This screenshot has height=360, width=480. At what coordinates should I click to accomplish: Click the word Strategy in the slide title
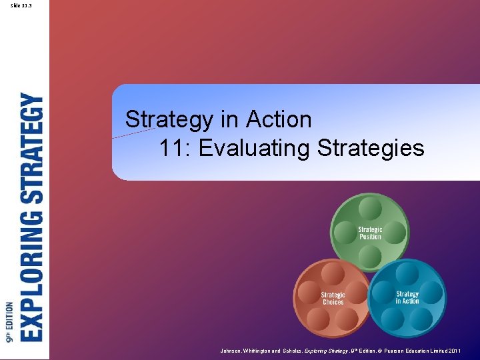[x=169, y=121]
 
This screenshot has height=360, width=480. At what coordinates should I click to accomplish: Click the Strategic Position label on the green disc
[x=370, y=233]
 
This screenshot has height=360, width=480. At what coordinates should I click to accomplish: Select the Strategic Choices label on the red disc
[x=333, y=298]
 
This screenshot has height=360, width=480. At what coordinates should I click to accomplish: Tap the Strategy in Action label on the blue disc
[x=407, y=297]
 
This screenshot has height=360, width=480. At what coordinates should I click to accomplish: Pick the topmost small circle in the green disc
[x=370, y=209]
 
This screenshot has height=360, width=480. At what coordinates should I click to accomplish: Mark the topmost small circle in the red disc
[x=333, y=273]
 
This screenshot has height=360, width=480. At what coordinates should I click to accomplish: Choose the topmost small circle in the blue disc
[x=407, y=273]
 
